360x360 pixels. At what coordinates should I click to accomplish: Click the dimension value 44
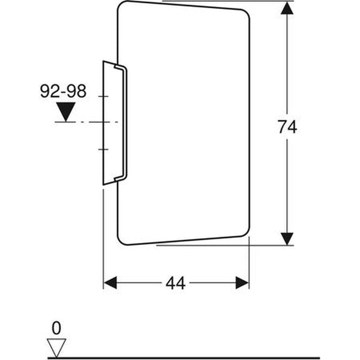(x=176, y=283)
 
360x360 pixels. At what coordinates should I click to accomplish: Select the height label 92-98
(x=63, y=91)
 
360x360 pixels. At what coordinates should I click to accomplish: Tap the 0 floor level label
(x=56, y=328)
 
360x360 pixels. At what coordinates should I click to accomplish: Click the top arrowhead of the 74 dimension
(x=288, y=9)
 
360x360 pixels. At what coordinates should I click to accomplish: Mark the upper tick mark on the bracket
(x=103, y=96)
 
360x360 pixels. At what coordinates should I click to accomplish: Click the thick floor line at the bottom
(x=180, y=358)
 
